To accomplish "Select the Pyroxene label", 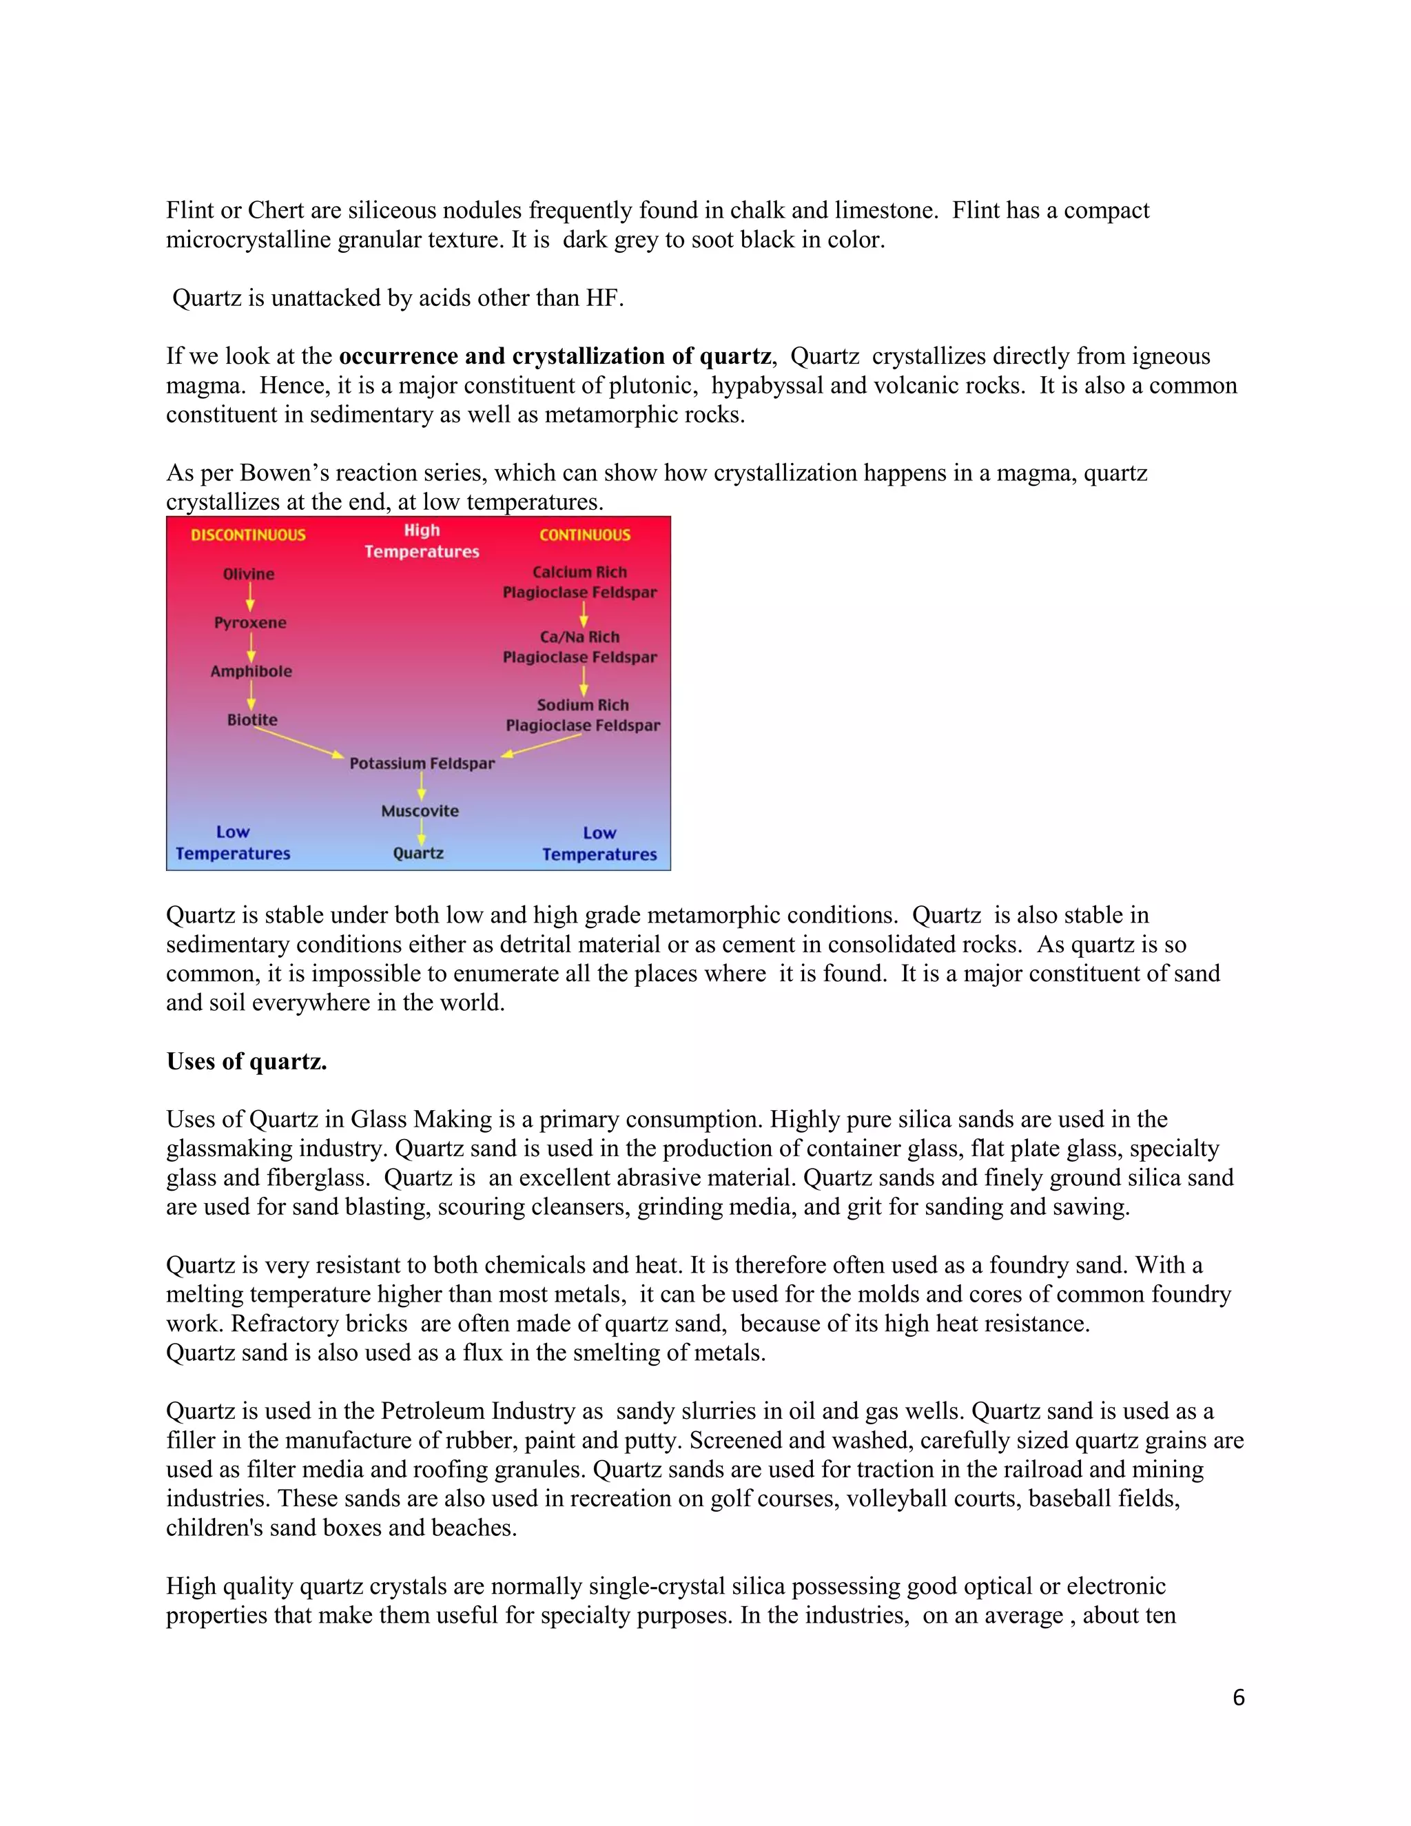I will pyautogui.click(x=250, y=623).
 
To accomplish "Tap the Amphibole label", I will pyautogui.click(x=251, y=671).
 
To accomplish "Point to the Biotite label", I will pyautogui.click(x=251, y=720).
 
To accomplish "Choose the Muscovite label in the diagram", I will pyautogui.click(x=420, y=811).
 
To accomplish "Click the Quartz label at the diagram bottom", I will pyautogui.click(x=418, y=854).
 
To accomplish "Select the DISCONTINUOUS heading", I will pyautogui.click(x=248, y=535).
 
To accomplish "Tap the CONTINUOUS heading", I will pyautogui.click(x=584, y=535).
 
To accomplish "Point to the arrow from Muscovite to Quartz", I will pyautogui.click(x=421, y=832).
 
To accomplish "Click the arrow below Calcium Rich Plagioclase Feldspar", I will pyautogui.click(x=584, y=615).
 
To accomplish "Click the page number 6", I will pyautogui.click(x=1238, y=1697).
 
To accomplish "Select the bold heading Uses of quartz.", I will pyautogui.click(x=247, y=1061).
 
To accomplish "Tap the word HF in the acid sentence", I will pyautogui.click(x=602, y=298).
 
